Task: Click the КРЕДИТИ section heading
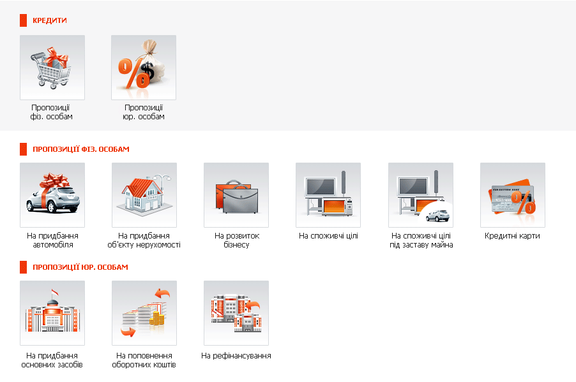tap(50, 20)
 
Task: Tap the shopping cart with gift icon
tap(52, 68)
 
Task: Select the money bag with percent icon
tap(144, 68)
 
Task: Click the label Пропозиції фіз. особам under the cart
tap(52, 112)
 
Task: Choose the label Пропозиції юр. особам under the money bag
tap(144, 112)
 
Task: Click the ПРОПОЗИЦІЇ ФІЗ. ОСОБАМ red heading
tap(81, 149)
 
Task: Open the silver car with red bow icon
tap(52, 195)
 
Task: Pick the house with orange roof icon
tap(144, 195)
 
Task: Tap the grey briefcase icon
tap(236, 195)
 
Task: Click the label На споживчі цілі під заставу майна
tap(421, 240)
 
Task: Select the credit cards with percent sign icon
tap(513, 195)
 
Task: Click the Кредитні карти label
tap(512, 236)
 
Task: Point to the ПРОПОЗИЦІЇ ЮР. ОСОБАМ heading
tap(80, 267)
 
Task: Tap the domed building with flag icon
tap(52, 313)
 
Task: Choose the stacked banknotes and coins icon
tap(144, 313)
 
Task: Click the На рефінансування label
tap(236, 356)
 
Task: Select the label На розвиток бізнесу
tap(236, 240)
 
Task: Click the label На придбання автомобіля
tap(52, 240)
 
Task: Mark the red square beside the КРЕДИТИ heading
tap(23, 20)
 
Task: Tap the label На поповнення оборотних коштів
tap(144, 360)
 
